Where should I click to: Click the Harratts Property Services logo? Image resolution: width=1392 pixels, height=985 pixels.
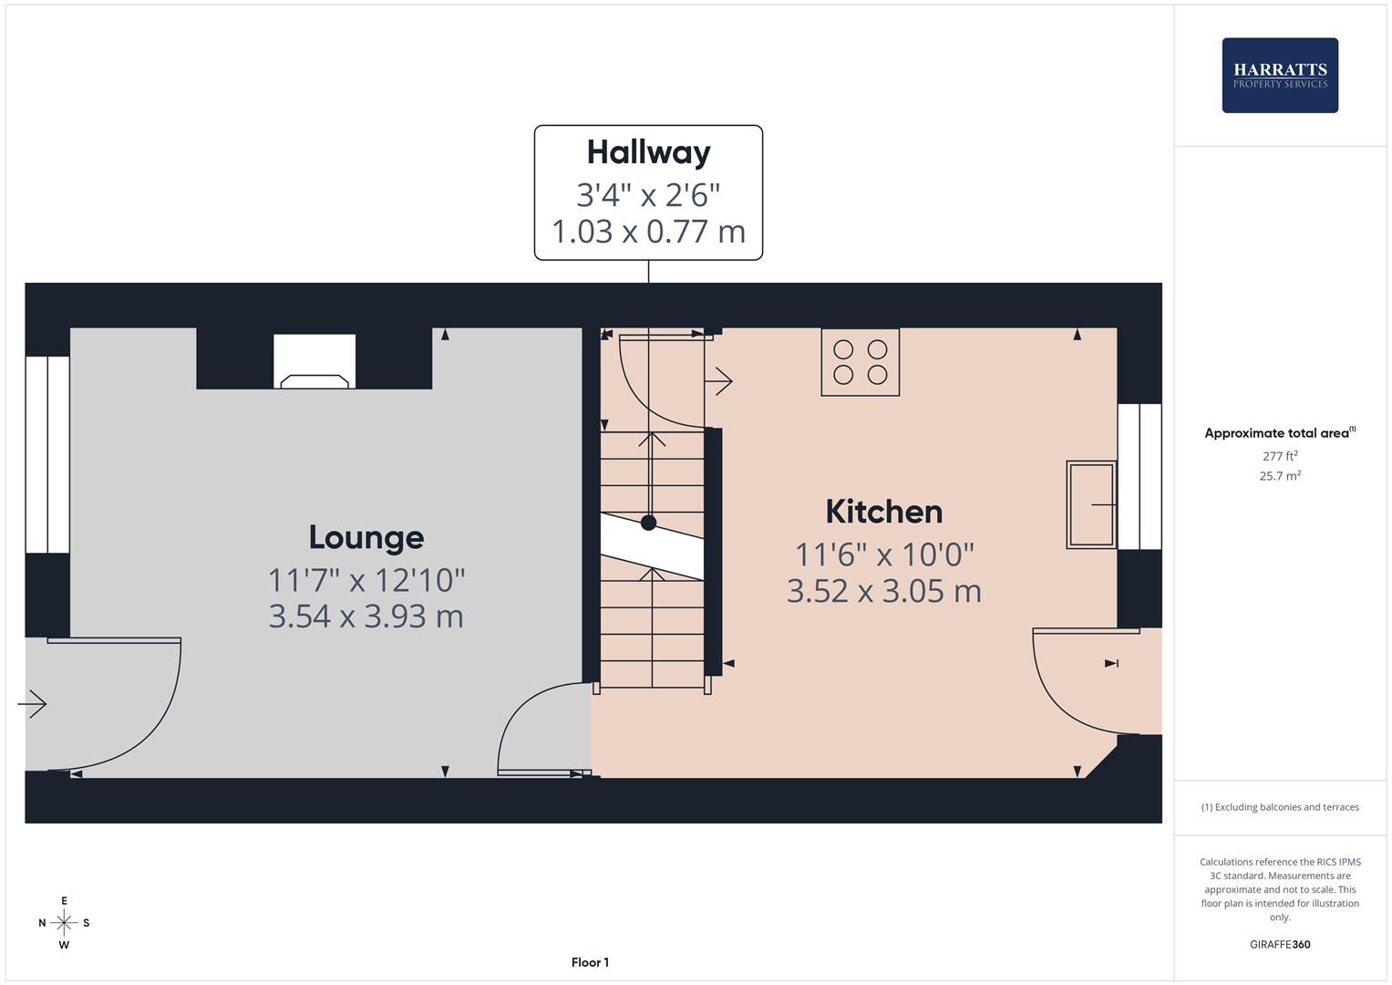point(1280,76)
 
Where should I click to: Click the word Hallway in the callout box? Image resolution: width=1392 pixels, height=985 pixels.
point(648,152)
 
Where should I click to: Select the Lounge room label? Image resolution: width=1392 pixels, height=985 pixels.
point(366,537)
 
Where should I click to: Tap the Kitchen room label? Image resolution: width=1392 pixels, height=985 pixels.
point(883,512)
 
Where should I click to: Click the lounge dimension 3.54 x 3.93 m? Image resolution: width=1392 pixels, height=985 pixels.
point(366,617)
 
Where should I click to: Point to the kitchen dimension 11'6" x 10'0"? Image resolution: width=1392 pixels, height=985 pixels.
point(883,555)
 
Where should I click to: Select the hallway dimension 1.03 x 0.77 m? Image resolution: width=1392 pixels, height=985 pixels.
point(648,232)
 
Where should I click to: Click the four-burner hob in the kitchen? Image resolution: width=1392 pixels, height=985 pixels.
point(860,362)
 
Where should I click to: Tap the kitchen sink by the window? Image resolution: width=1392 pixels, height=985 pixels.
point(1091,504)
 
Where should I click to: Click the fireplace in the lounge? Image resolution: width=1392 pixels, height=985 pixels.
point(314,363)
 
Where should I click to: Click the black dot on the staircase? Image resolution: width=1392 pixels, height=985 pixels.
point(648,523)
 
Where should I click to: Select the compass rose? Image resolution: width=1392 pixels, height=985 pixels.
point(64,923)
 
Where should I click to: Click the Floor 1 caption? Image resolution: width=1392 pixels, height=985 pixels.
point(590,962)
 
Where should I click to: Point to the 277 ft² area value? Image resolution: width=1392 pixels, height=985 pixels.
point(1280,456)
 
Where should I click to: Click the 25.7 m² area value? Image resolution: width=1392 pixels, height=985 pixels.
point(1280,476)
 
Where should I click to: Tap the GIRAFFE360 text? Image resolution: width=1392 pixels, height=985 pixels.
point(1280,945)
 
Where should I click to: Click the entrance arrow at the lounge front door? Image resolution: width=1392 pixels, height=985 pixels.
point(32,704)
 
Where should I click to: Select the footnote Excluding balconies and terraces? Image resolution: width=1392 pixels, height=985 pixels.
point(1280,807)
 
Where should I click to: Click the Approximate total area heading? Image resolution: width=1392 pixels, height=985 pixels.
point(1279,433)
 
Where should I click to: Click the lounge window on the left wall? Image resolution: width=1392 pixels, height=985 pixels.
point(46,454)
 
